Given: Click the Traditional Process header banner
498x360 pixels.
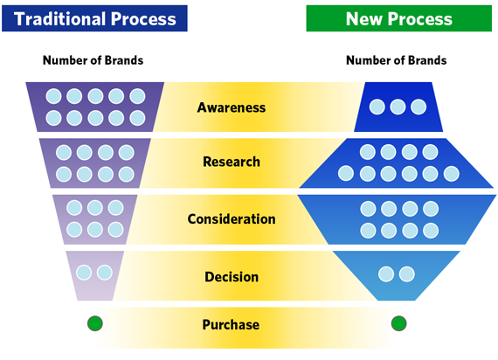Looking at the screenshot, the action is (94, 18).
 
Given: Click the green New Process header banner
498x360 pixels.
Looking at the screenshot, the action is (399, 18).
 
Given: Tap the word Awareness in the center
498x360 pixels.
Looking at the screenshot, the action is (232, 107).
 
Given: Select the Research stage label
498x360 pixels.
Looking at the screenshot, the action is (232, 162).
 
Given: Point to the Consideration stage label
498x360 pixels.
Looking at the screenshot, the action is (232, 219).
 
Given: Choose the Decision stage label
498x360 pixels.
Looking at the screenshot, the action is (232, 277).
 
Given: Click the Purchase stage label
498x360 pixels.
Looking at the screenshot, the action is (231, 324).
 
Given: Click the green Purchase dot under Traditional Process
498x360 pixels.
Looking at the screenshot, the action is (95, 323).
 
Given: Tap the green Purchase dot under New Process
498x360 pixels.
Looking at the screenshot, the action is (399, 323).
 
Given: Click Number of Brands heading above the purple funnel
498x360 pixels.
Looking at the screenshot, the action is (93, 60).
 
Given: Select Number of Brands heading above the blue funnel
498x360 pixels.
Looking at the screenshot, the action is (397, 60).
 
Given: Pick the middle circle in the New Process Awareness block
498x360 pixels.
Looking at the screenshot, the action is (398, 107).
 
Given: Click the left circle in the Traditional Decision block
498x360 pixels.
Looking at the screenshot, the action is (84, 273).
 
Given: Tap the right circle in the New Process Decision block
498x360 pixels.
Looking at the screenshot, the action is (407, 273).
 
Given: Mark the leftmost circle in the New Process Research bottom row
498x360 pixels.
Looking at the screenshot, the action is (346, 174).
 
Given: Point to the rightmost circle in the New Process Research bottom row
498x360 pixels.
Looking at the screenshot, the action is (452, 174).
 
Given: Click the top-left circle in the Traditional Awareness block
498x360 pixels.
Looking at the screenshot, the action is (53, 96).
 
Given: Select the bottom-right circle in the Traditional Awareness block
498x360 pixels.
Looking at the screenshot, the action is (137, 118).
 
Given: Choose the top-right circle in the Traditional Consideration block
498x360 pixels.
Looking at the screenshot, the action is (115, 208).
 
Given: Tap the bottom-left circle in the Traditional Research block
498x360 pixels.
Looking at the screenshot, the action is (64, 174).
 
